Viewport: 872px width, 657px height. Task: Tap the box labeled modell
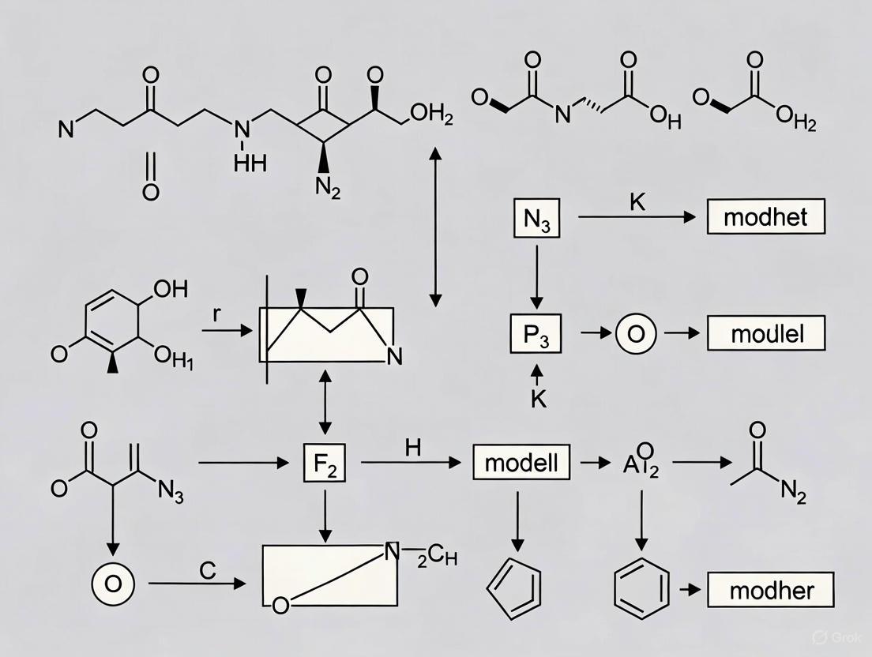click(x=521, y=462)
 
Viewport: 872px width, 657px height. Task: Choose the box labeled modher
click(x=770, y=590)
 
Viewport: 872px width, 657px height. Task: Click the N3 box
click(x=536, y=219)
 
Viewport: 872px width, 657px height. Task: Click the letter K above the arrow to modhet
click(x=637, y=201)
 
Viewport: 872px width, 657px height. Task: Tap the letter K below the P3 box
click(x=538, y=398)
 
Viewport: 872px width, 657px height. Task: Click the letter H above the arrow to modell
click(x=412, y=446)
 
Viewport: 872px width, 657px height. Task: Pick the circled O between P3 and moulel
click(x=636, y=333)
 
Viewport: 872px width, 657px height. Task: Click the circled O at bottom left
click(x=114, y=584)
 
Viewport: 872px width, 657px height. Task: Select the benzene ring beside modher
click(x=641, y=589)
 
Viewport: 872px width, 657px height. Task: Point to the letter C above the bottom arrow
click(x=207, y=570)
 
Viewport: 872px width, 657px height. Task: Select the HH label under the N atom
click(x=250, y=163)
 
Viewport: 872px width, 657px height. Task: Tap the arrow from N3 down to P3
click(x=536, y=276)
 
